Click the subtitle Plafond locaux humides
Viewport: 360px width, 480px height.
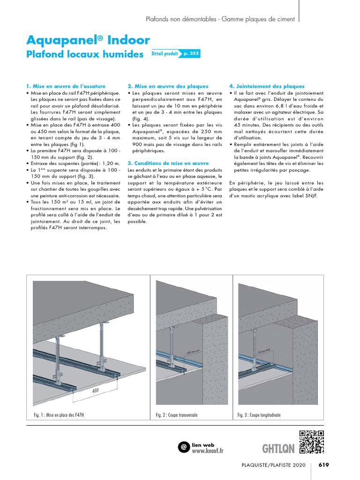click(x=85, y=54)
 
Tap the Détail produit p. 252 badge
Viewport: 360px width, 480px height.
click(x=176, y=54)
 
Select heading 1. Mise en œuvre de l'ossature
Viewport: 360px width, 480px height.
click(x=66, y=86)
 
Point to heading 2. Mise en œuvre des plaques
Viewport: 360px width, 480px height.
click(x=168, y=86)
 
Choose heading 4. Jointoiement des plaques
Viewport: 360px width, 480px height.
click(x=267, y=86)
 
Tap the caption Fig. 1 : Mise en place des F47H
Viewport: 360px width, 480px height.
click(x=59, y=415)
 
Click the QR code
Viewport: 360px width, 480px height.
click(x=312, y=442)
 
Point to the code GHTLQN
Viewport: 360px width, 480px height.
click(x=278, y=449)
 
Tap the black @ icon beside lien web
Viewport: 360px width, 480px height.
click(x=184, y=447)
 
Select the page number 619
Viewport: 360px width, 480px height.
click(x=324, y=465)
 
